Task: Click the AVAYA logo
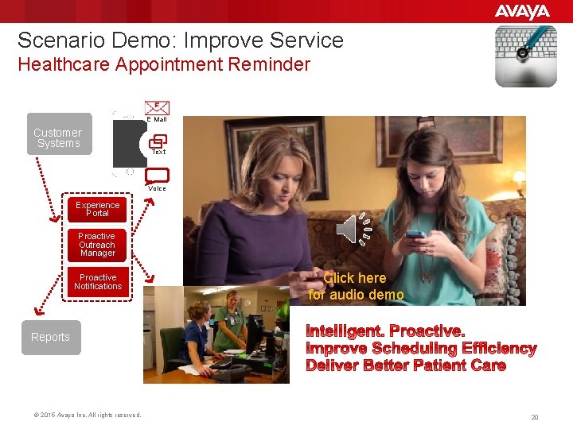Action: point(522,11)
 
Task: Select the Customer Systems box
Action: point(57,137)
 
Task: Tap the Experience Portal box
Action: point(97,209)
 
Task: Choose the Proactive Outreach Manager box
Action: point(97,245)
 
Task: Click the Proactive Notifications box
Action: point(98,282)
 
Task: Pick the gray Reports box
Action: point(50,337)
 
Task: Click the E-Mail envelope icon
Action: point(157,107)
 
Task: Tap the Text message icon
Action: point(158,140)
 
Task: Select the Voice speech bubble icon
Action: point(158,176)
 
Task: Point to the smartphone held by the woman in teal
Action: point(415,235)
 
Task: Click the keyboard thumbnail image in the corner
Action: point(525,56)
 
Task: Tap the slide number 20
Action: point(535,417)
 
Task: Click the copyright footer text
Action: point(88,415)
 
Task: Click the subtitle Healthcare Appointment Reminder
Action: point(164,64)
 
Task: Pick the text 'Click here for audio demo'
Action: point(356,287)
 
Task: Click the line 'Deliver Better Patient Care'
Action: point(406,365)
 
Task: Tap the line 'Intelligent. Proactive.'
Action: point(386,330)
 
